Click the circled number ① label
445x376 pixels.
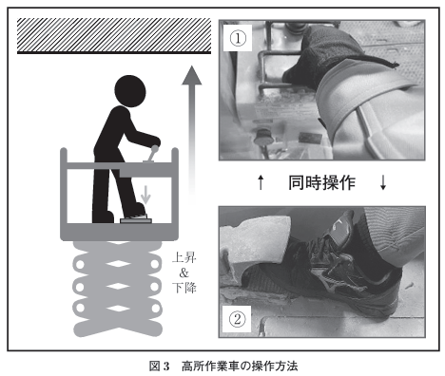pyautogui.click(x=238, y=38)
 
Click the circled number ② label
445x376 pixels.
pyautogui.click(x=238, y=319)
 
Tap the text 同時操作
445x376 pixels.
pyautogui.click(x=321, y=182)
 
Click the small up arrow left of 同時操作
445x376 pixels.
pyautogui.click(x=261, y=182)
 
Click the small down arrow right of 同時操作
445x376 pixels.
pyautogui.click(x=383, y=182)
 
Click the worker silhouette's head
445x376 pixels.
pyautogui.click(x=130, y=91)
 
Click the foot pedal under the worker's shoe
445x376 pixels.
pyautogui.click(x=136, y=220)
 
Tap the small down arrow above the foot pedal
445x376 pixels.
pyautogui.click(x=145, y=195)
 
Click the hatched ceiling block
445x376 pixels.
pyautogui.click(x=114, y=36)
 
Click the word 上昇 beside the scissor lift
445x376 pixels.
pyautogui.click(x=184, y=257)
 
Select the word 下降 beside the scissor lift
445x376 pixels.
pyautogui.click(x=184, y=288)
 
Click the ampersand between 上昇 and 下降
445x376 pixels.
pyautogui.click(x=184, y=273)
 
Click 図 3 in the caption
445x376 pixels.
pyautogui.click(x=160, y=367)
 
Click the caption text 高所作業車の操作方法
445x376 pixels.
pyautogui.click(x=240, y=367)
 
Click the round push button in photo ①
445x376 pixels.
pyautogui.click(x=263, y=137)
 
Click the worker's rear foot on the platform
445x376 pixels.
pyautogui.click(x=104, y=216)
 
